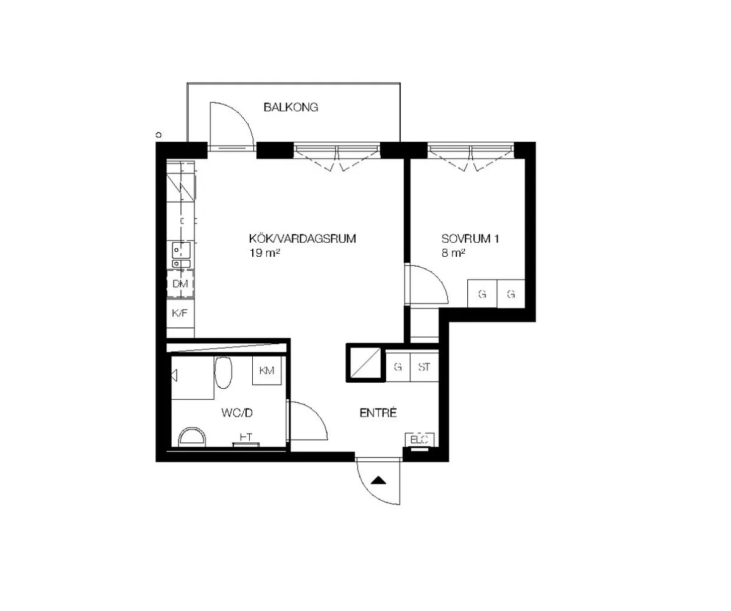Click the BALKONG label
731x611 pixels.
point(291,108)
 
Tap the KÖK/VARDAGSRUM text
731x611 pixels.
point(302,239)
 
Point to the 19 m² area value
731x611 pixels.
point(264,253)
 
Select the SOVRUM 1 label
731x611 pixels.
point(470,239)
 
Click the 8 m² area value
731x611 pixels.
point(454,253)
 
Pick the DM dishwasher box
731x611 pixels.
point(180,284)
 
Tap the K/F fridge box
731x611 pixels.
point(180,313)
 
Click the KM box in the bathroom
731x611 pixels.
point(267,371)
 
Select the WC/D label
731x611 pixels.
point(236,414)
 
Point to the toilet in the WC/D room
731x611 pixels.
point(192,436)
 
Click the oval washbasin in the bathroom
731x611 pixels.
point(224,372)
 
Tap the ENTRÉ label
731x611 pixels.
point(378,413)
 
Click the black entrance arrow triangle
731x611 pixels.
point(379,480)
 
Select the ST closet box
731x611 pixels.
point(425,368)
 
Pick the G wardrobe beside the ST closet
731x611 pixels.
point(398,368)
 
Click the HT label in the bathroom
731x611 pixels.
point(246,437)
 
